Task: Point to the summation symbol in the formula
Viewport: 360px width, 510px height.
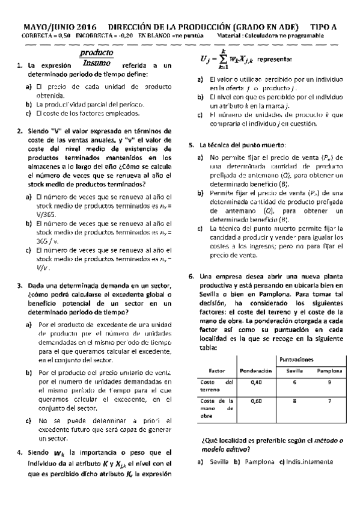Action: click(x=222, y=60)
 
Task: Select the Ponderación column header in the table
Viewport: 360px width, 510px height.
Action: click(x=257, y=370)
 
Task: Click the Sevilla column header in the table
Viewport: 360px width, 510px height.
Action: click(x=294, y=370)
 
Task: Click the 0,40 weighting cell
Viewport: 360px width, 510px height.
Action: click(x=257, y=383)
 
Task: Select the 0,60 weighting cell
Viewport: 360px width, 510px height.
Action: click(x=257, y=400)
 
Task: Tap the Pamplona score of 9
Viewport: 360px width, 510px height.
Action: click(x=330, y=383)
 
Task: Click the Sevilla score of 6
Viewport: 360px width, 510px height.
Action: click(x=294, y=383)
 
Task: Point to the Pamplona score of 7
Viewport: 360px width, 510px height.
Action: click(x=330, y=400)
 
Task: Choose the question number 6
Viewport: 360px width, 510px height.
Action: click(x=191, y=276)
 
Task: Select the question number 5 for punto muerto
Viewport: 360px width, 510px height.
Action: click(x=191, y=145)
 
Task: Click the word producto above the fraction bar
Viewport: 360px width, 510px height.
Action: click(x=96, y=53)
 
